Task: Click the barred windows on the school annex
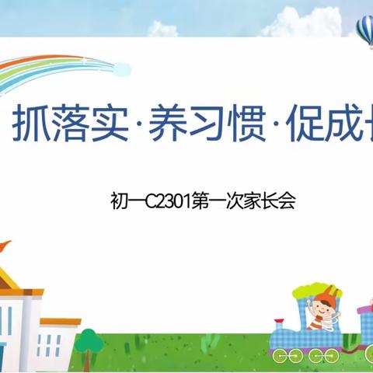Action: tap(49, 343)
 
